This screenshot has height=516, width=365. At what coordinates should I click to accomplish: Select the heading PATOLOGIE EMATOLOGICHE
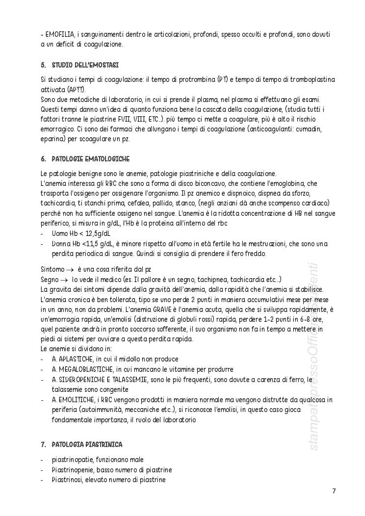(90, 159)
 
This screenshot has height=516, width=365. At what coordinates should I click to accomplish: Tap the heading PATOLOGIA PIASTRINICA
(87, 444)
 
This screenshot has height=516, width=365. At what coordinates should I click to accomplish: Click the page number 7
(334, 491)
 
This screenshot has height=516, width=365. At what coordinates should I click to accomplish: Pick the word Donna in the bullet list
(62, 244)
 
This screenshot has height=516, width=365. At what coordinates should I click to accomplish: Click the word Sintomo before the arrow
(52, 269)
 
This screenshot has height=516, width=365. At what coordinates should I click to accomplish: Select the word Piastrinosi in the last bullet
(67, 480)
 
